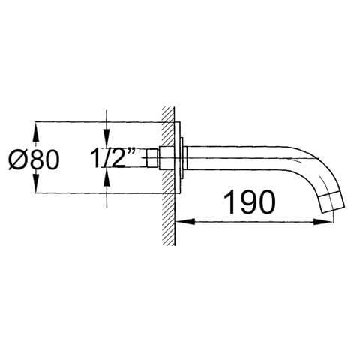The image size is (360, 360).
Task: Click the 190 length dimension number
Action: [x=250, y=201]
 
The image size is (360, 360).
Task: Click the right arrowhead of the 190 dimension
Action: [x=327, y=222]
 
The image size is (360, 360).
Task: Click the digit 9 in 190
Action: [x=250, y=201]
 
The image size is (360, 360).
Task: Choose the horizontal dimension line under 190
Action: [x=255, y=222]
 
